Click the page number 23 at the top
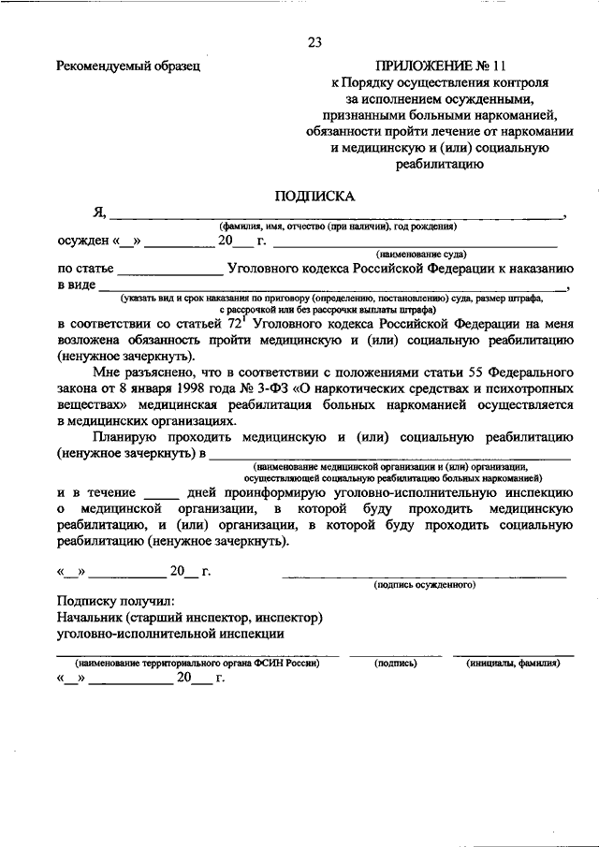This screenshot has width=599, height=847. (314, 42)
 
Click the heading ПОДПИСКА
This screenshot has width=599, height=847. (314, 197)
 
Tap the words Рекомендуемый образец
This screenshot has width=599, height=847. (127, 66)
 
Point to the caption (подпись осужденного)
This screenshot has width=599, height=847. (424, 584)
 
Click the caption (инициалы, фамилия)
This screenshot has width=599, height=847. (513, 663)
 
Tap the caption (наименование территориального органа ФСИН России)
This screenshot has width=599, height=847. (198, 663)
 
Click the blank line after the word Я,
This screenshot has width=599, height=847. (337, 216)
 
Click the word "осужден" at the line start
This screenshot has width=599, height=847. (83, 241)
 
